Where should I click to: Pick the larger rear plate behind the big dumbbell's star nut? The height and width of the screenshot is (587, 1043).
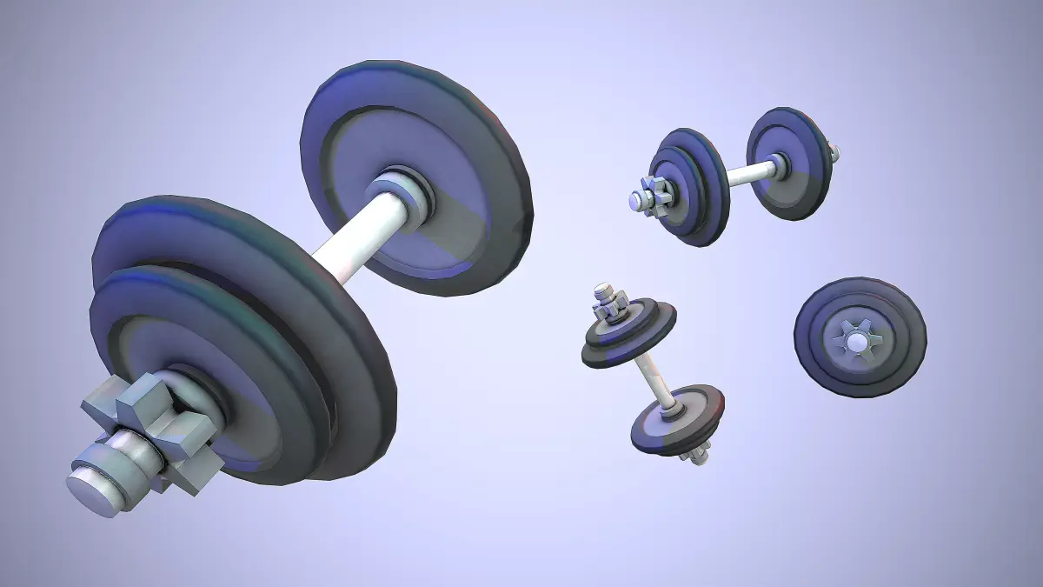(x=217, y=252)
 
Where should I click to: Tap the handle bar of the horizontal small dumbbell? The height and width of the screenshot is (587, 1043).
(x=747, y=173)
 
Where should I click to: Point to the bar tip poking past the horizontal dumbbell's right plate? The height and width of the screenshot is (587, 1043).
(x=835, y=154)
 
